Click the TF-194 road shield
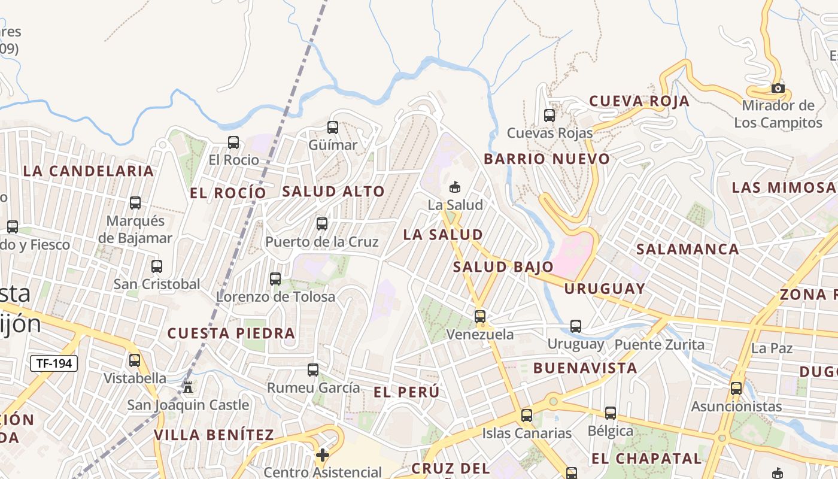tap(53, 363)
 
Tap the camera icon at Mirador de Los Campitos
tap(778, 89)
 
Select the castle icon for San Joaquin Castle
tap(188, 387)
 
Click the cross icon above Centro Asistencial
tap(323, 455)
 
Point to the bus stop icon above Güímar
tap(332, 128)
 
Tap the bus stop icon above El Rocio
tap(233, 143)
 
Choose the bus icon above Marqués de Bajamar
tap(135, 203)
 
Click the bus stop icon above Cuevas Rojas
tap(549, 116)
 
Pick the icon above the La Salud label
tap(455, 187)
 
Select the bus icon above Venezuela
tap(480, 316)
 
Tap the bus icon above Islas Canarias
tap(526, 415)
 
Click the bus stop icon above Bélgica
tap(610, 413)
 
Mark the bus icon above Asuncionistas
tap(736, 388)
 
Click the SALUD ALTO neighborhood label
tap(333, 192)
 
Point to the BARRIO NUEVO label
tap(546, 159)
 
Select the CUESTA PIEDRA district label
tap(231, 333)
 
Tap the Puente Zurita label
tap(659, 344)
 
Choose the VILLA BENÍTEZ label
tap(214, 435)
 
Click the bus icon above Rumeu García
tap(313, 370)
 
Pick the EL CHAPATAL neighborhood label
tap(646, 459)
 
